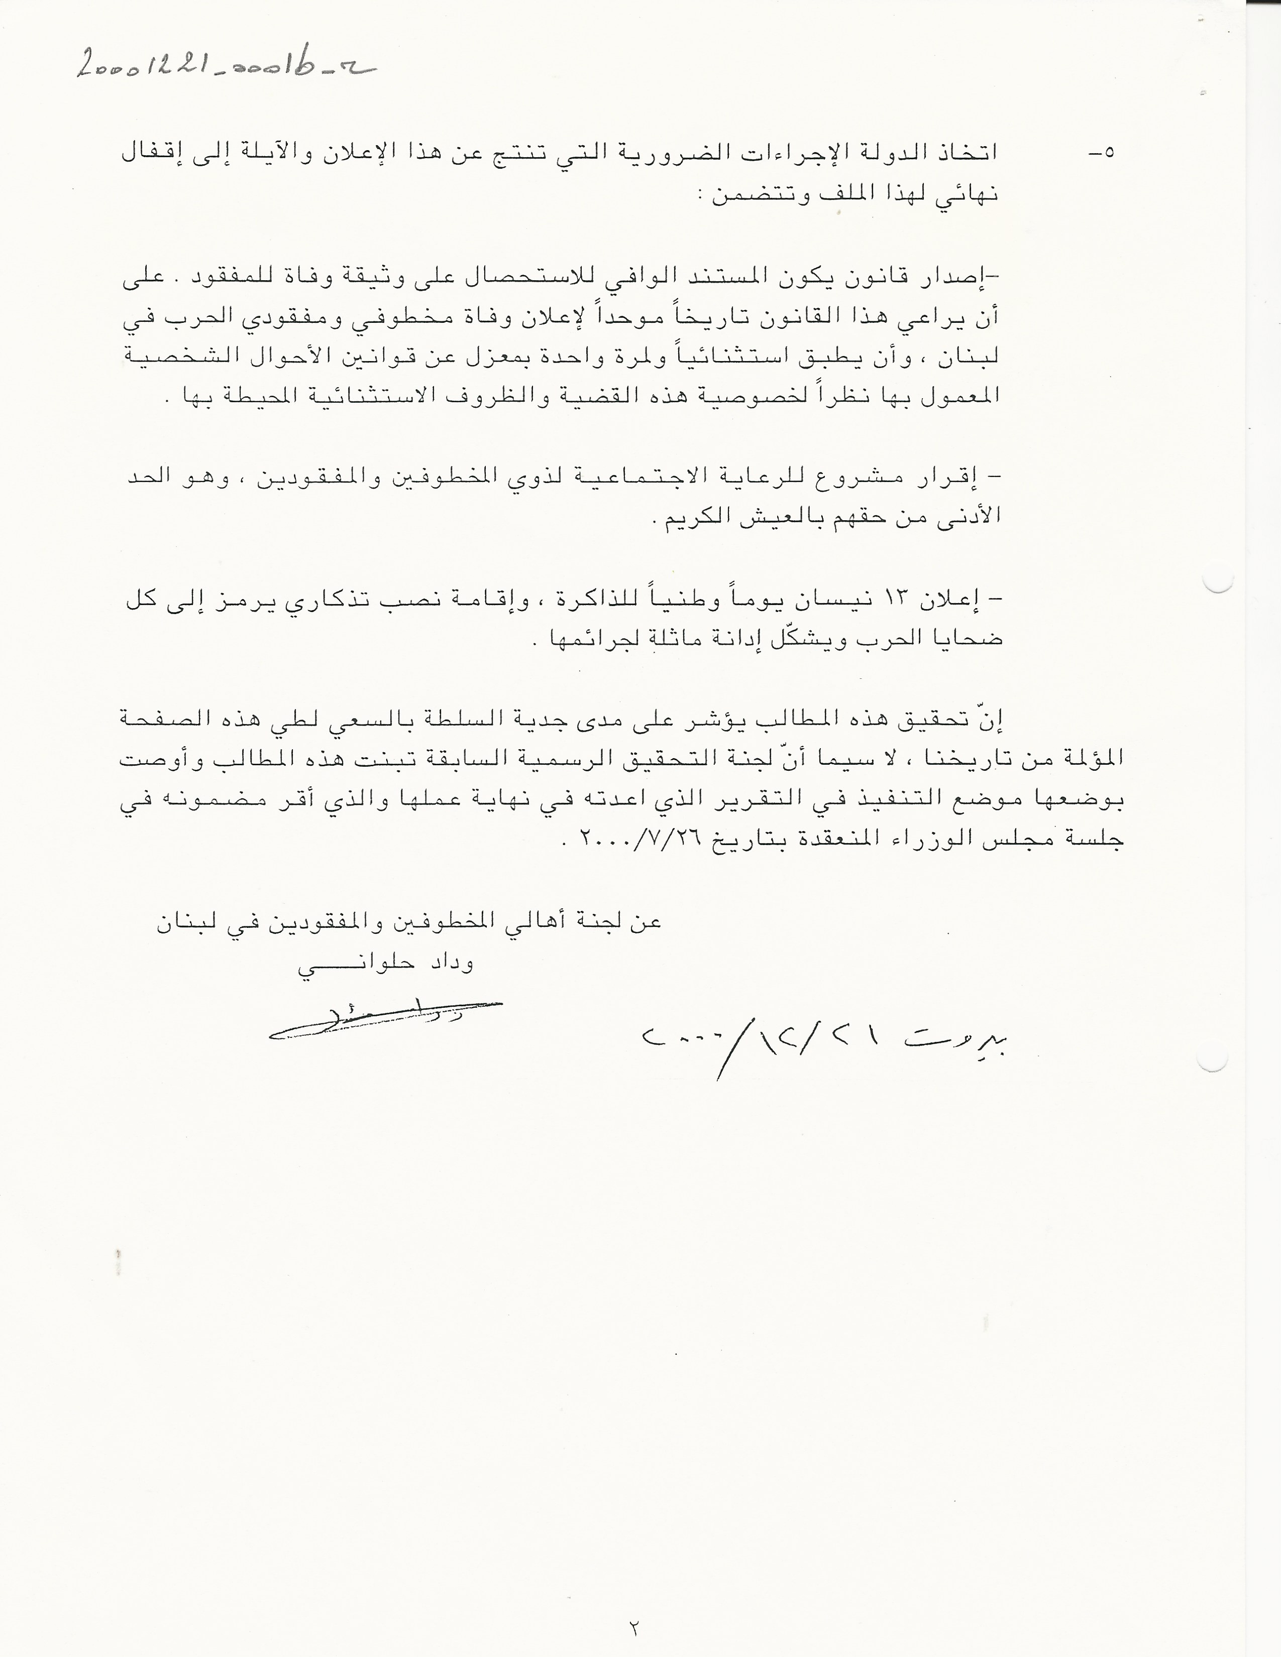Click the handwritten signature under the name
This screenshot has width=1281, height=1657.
tap(385, 1020)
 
